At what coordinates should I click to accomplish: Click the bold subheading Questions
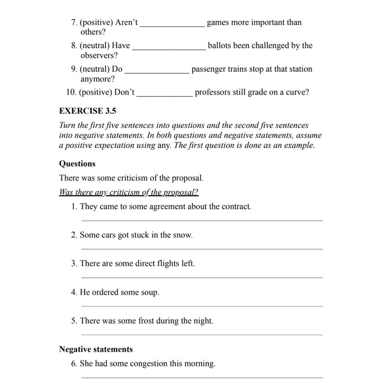pos(77,164)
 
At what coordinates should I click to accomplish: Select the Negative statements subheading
pos(96,349)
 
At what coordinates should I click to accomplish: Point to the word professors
pos(213,92)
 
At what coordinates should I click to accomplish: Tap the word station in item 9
pos(299,69)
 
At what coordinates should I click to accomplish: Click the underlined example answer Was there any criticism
pos(129,191)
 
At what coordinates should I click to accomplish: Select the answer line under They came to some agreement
pos(202,220)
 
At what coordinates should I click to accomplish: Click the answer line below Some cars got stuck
pos(202,249)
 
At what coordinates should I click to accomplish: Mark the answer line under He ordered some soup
pos(202,306)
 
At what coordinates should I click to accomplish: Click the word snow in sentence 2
pos(183,235)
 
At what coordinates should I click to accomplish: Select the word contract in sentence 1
pos(236,206)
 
